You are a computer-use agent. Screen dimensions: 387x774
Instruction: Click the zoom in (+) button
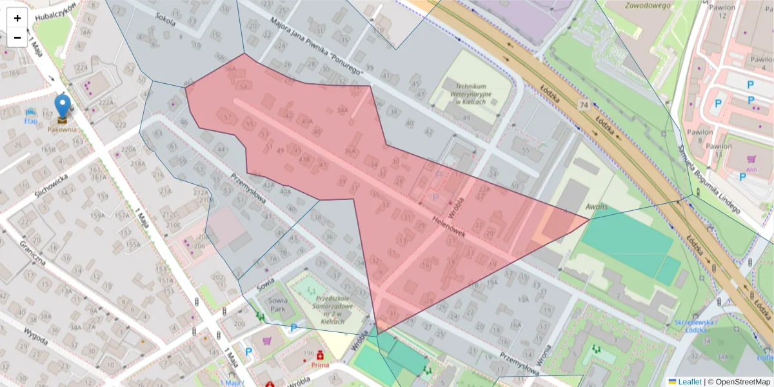coord(17,18)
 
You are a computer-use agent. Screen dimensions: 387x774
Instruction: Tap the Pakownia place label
coord(62,129)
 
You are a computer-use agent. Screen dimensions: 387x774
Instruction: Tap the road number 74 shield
coord(584,104)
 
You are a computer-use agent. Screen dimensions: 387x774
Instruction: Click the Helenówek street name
coord(449,225)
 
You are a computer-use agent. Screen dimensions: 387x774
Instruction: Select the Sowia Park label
coord(277,304)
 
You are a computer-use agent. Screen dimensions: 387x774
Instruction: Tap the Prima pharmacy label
coord(320,365)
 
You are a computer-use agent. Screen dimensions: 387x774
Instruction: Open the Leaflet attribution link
coord(689,382)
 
